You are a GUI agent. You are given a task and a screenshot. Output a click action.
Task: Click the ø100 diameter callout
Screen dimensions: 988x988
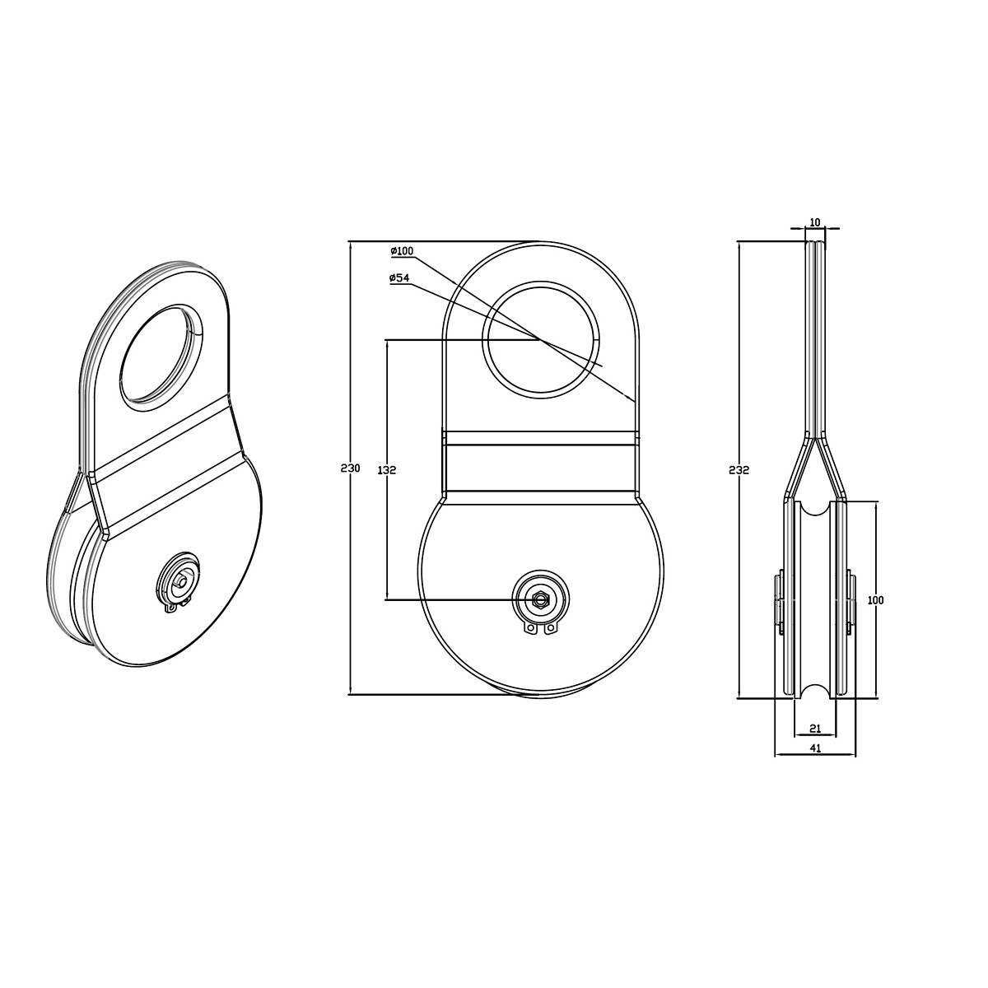[402, 251]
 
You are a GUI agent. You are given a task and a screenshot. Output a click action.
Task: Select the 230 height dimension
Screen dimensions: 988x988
[351, 468]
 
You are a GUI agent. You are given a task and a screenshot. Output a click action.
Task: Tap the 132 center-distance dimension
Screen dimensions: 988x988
[387, 469]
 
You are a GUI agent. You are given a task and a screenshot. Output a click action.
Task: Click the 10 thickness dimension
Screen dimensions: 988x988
[815, 222]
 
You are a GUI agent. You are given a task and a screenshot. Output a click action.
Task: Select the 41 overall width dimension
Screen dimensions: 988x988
[815, 762]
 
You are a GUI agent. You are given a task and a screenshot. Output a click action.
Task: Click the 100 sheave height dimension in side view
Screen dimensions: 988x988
[876, 600]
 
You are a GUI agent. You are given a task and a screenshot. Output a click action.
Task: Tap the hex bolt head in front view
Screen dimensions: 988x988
[540, 598]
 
